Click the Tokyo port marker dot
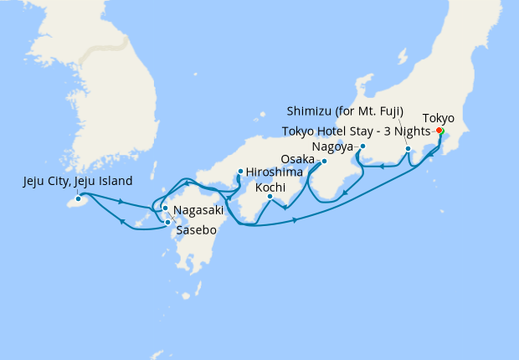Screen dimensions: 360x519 (439, 131)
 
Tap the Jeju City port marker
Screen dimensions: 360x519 (79, 199)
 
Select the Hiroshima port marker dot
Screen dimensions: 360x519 (240, 172)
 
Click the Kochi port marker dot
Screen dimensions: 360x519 (270, 197)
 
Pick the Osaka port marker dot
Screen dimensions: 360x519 (324, 161)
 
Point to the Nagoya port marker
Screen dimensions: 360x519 (362, 146)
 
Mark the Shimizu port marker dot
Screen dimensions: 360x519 (408, 149)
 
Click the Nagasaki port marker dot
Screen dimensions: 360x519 (165, 208)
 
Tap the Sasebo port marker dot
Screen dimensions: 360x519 (168, 223)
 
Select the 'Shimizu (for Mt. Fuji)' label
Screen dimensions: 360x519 (345, 111)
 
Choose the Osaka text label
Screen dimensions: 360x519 (298, 158)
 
